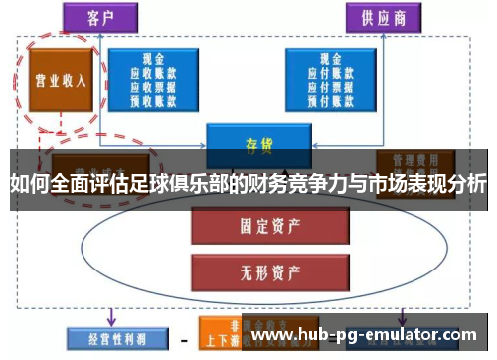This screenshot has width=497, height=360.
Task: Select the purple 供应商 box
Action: click(379, 17)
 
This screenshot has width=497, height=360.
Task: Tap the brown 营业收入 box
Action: click(55, 81)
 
